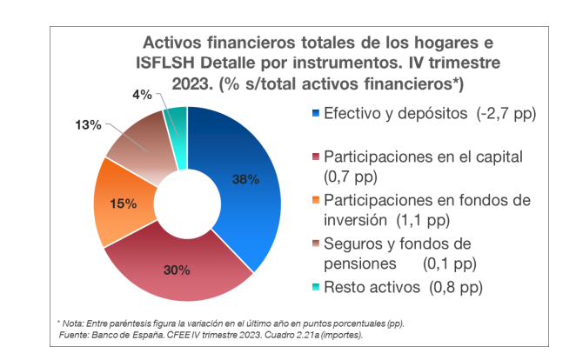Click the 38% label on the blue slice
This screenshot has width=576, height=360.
click(245, 180)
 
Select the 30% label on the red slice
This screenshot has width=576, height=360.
click(177, 270)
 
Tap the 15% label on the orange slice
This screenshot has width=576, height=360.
click(123, 204)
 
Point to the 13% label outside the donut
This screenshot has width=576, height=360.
click(89, 126)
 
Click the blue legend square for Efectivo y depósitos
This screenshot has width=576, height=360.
click(315, 114)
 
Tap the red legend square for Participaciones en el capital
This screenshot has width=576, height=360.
click(315, 158)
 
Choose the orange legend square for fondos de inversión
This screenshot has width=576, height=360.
click(315, 200)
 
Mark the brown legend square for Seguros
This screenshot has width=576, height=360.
click(315, 243)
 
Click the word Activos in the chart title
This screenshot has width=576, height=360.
click(174, 43)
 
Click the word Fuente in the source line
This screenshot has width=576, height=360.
click(74, 334)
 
